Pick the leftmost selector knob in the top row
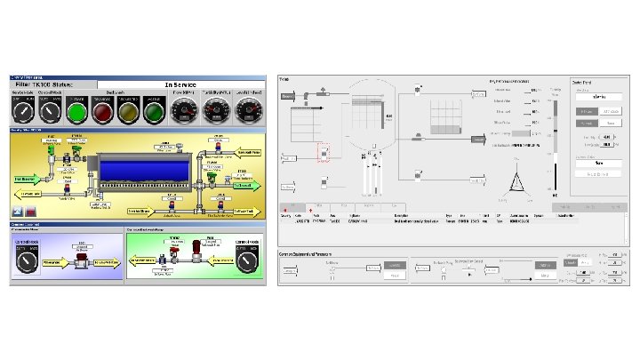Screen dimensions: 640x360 pos(21,110)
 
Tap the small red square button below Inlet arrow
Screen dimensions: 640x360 pos(31,212)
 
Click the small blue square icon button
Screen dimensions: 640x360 pos(18,212)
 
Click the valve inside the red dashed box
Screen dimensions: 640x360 pos(324,153)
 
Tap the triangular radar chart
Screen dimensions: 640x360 pos(516,182)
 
